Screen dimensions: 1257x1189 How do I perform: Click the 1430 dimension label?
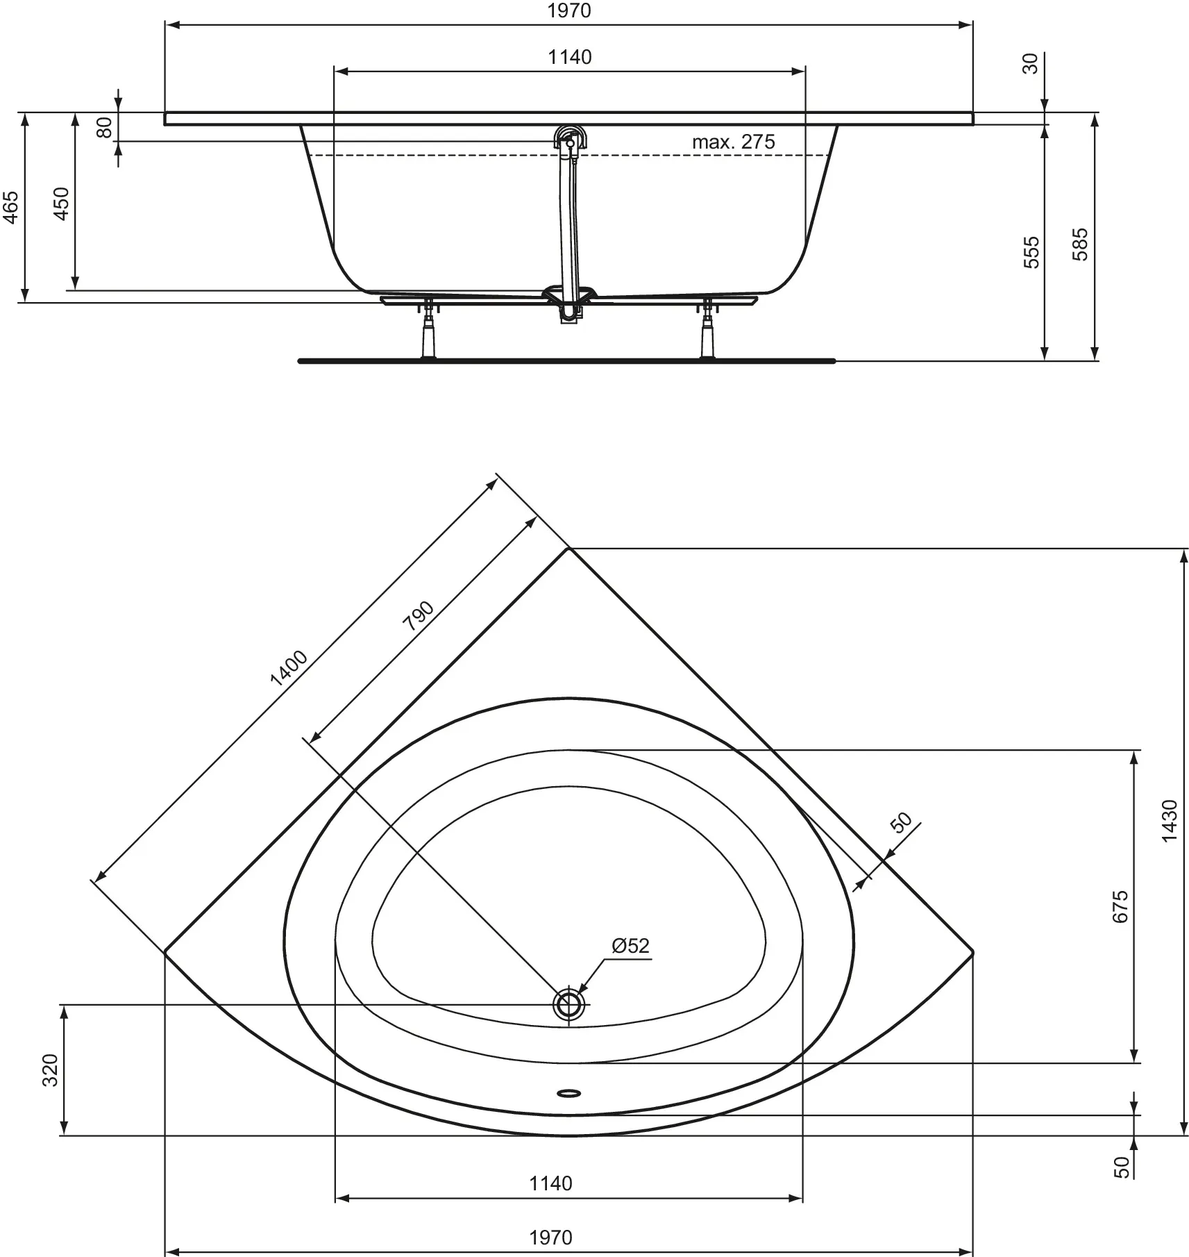tap(1169, 822)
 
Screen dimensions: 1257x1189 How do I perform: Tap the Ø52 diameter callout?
tap(630, 946)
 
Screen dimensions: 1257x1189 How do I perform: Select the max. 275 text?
tap(733, 142)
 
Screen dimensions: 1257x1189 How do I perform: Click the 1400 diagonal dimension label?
tap(289, 668)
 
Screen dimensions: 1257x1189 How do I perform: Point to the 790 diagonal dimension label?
tap(419, 615)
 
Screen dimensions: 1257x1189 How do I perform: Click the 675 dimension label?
tap(1120, 906)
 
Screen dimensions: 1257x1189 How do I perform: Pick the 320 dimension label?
tap(51, 1070)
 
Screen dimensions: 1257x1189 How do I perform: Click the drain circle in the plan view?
tap(568, 1004)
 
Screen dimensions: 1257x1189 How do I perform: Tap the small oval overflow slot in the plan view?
tap(568, 1093)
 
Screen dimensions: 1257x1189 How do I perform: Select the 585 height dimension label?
tap(1081, 244)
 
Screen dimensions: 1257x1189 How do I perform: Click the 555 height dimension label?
tap(1032, 252)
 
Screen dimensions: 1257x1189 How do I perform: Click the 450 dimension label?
tap(62, 203)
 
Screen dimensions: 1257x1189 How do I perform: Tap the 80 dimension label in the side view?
tap(104, 127)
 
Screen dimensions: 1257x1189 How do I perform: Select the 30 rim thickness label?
tap(1031, 63)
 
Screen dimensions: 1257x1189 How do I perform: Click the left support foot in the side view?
tap(428, 331)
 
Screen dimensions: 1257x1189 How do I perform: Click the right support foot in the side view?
tap(708, 331)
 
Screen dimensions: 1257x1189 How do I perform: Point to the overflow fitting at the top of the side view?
tap(569, 138)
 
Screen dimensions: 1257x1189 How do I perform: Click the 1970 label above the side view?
tap(568, 10)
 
